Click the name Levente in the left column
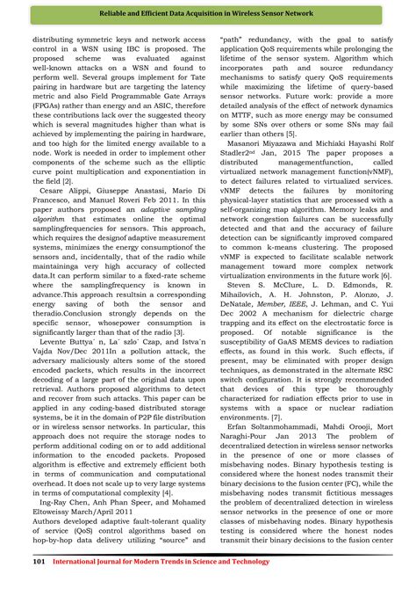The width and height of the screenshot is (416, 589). click(x=56, y=367)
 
